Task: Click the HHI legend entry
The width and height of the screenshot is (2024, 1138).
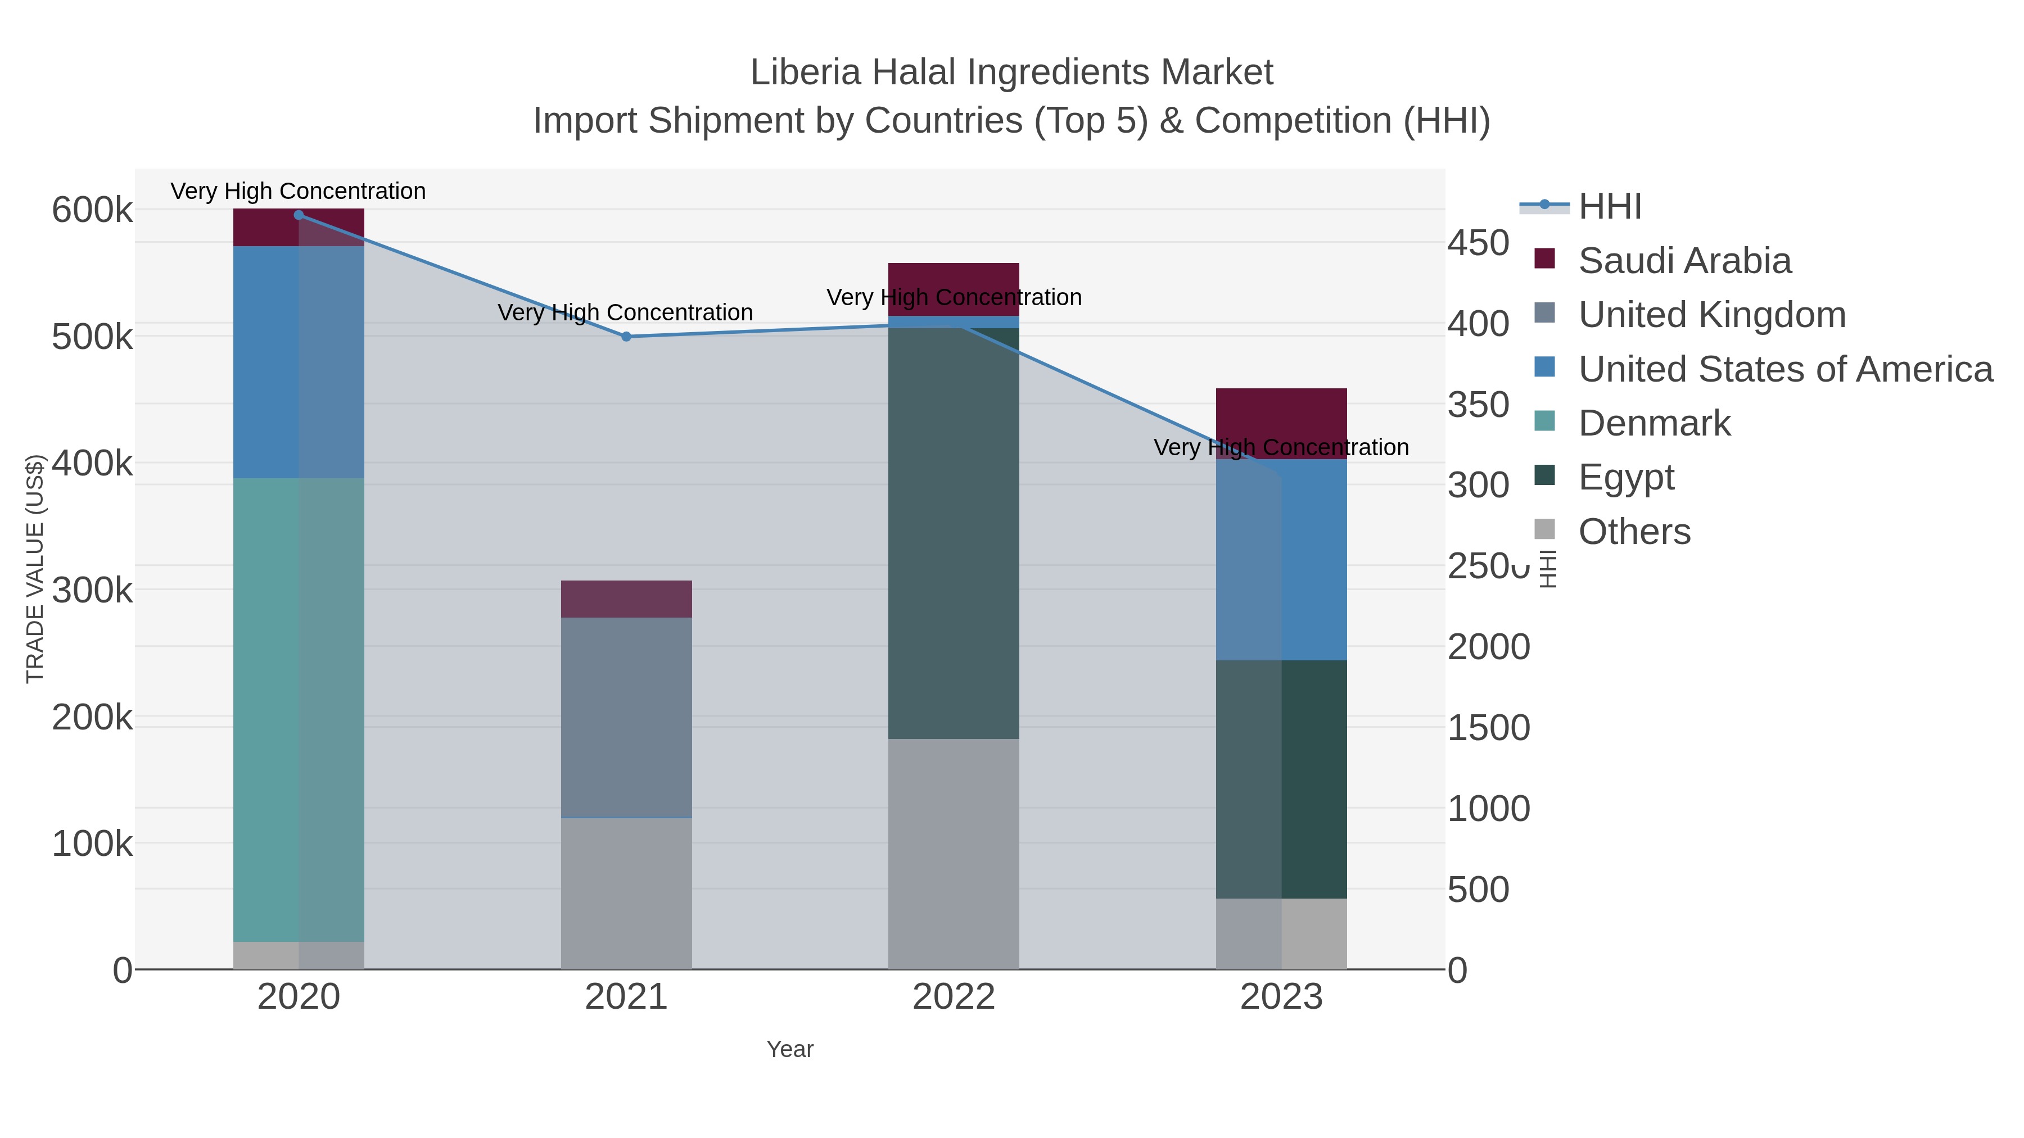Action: (x=1609, y=207)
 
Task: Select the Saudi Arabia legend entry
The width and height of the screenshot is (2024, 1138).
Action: (x=1684, y=261)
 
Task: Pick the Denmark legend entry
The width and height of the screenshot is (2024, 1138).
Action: (x=1654, y=423)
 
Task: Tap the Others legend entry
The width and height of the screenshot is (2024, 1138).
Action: (x=1633, y=532)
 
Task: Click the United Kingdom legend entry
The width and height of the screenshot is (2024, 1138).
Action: (x=1711, y=315)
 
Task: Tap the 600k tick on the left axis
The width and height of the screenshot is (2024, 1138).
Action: (x=92, y=211)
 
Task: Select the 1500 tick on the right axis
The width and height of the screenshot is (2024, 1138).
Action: (x=1488, y=728)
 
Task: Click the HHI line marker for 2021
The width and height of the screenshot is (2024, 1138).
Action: (x=626, y=337)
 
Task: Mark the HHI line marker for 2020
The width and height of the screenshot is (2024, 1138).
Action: (x=299, y=215)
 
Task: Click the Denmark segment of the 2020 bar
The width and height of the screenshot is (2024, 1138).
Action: (x=299, y=707)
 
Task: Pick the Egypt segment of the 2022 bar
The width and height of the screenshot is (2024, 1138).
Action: (x=953, y=534)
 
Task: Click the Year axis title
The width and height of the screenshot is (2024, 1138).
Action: (x=790, y=1049)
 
